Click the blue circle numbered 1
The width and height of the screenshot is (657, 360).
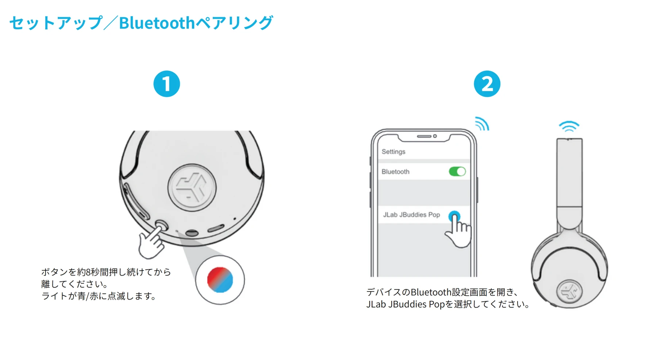pos(166,84)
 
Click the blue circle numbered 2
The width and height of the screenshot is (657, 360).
pos(487,84)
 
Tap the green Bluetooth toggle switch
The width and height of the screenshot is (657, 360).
pos(457,172)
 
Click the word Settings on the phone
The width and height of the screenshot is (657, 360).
pos(393,152)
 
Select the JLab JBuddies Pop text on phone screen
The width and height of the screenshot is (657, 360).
pos(411,215)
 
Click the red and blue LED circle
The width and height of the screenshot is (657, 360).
pos(220,280)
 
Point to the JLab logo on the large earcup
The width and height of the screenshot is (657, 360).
pos(192,188)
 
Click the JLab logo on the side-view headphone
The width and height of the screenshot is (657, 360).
pos(569,291)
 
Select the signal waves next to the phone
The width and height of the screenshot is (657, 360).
pos(482,124)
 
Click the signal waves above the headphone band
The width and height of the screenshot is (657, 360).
pos(569,126)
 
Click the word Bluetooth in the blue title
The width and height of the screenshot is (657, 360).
pos(157,23)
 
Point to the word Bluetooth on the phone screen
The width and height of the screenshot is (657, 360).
pos(395,172)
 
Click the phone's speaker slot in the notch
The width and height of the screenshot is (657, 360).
pos(424,136)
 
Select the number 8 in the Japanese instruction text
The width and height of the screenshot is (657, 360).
pos(88,272)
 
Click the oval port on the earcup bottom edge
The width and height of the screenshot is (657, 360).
pos(192,233)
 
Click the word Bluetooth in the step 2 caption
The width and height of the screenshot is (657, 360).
pos(431,292)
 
